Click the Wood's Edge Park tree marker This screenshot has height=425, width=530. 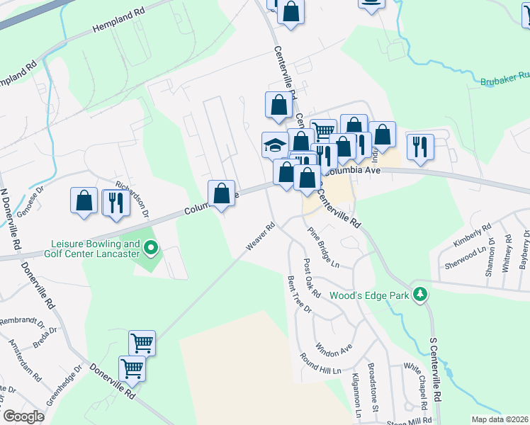pyautogui.click(x=420, y=293)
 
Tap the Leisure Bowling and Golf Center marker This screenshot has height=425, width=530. pyautogui.click(x=150, y=248)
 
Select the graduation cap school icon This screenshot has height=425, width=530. pyautogui.click(x=275, y=145)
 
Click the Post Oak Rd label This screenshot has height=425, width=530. pyautogui.click(x=312, y=278)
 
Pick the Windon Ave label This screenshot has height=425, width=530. pyautogui.click(x=334, y=348)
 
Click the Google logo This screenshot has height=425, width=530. pyautogui.click(x=23, y=416)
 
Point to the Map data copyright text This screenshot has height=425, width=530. pyautogui.click(x=500, y=419)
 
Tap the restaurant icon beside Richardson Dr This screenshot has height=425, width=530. pyautogui.click(x=114, y=203)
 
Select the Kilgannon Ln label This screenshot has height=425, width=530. pyautogui.click(x=358, y=390)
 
